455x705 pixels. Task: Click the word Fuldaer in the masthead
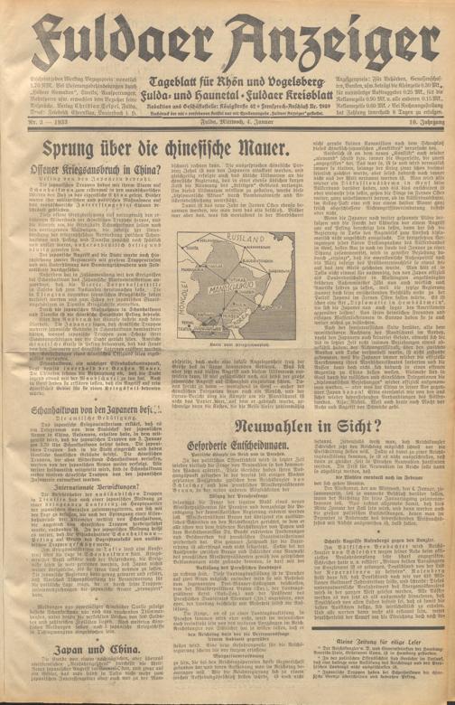pos(113,36)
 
